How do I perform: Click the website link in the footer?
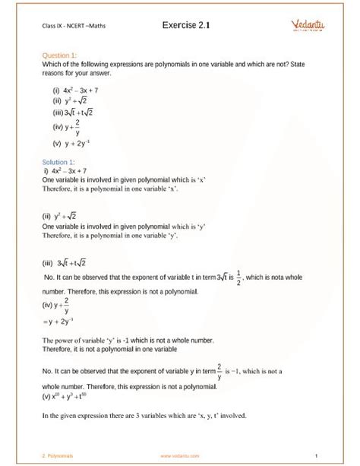point(180,456)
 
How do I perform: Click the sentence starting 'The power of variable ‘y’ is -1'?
point(122,340)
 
